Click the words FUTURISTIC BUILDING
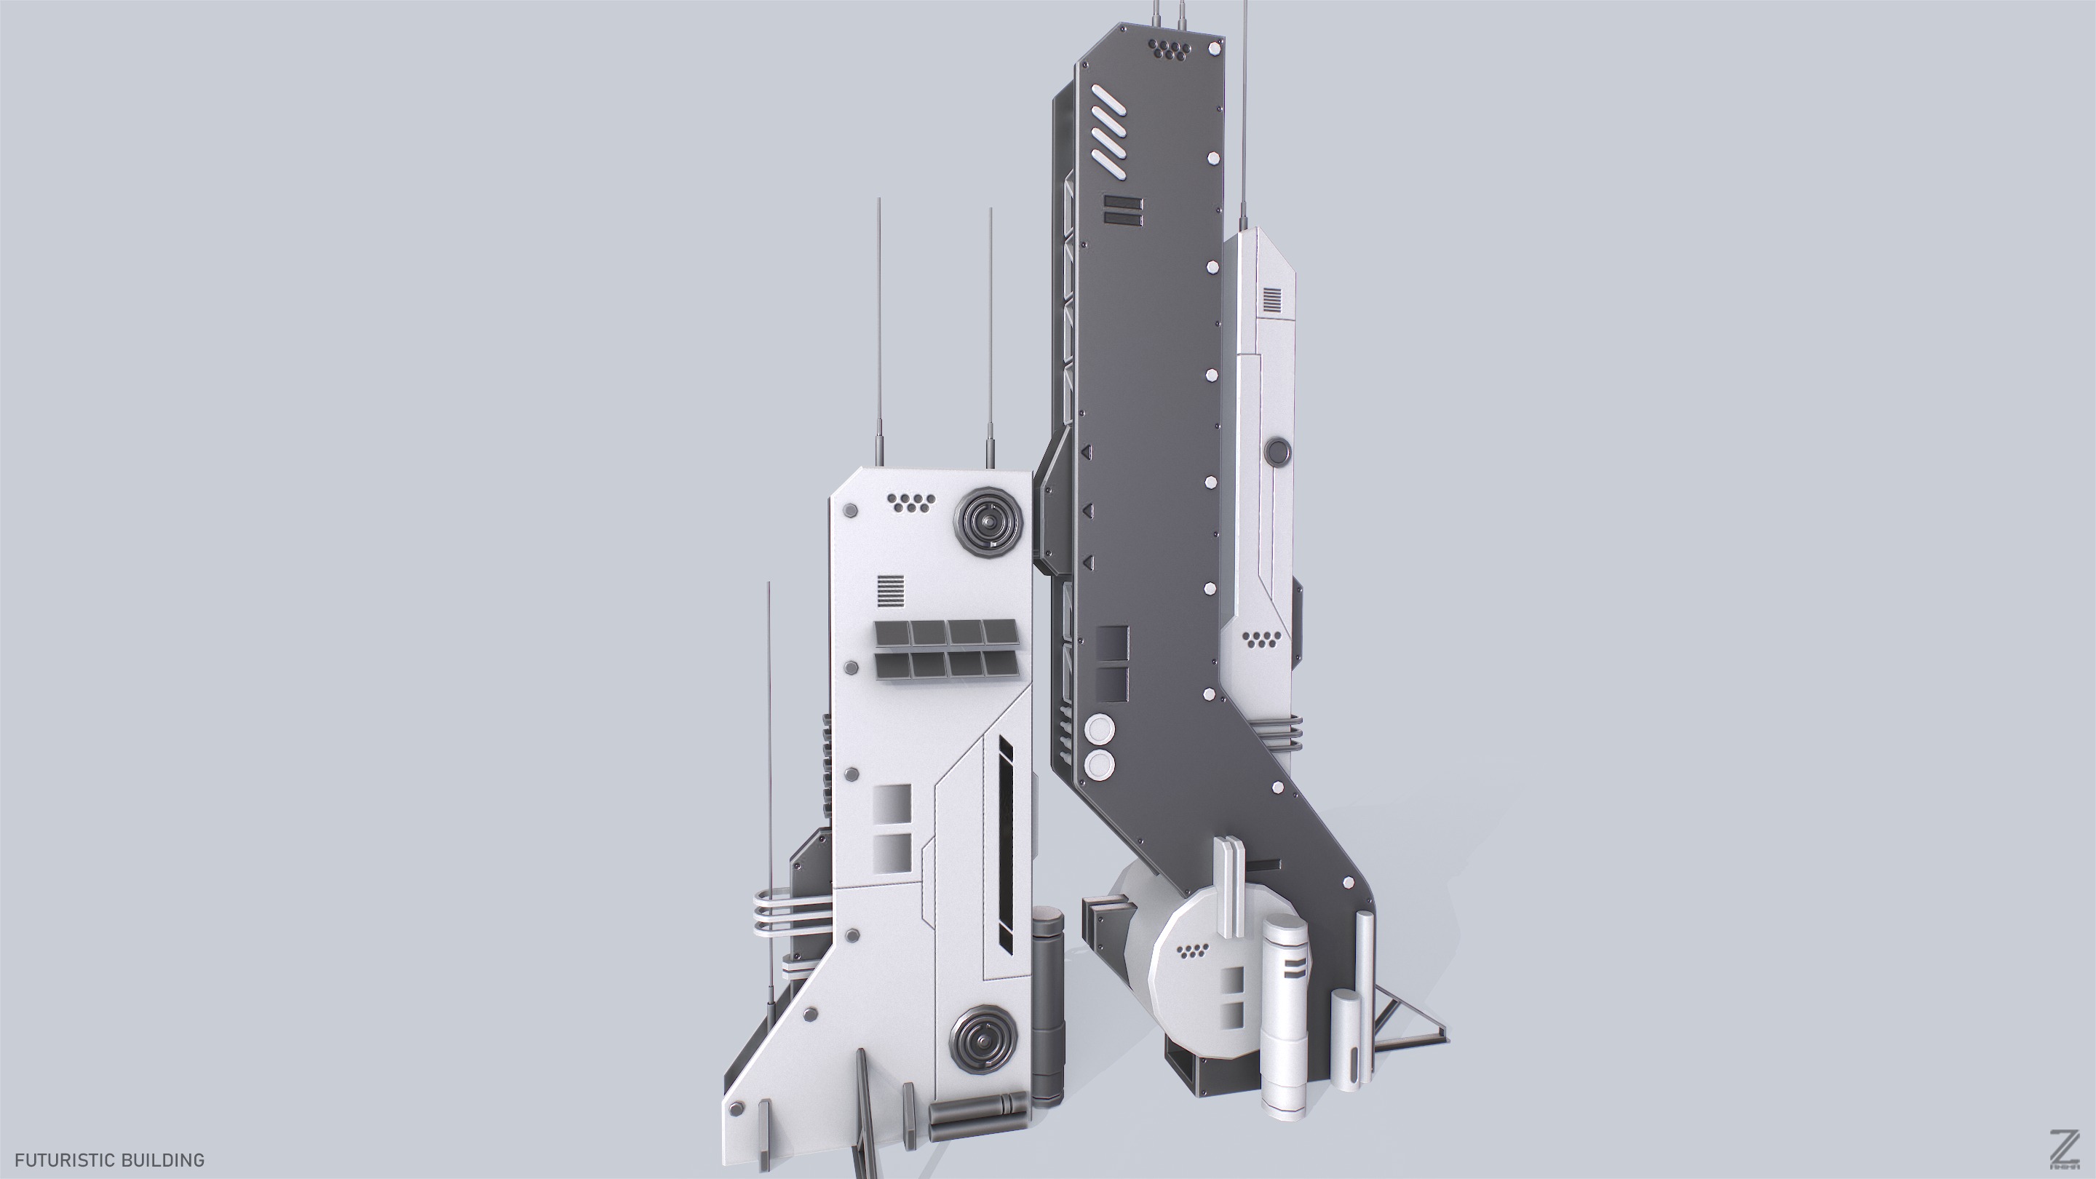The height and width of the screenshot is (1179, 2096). click(x=109, y=1159)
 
